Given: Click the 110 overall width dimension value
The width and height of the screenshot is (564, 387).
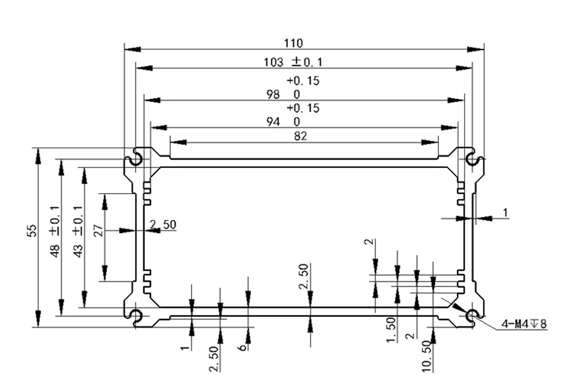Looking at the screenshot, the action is click(x=294, y=43).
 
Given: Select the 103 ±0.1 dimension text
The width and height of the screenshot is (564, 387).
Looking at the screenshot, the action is click(x=293, y=62).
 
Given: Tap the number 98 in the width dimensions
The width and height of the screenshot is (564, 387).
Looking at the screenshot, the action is click(x=273, y=94).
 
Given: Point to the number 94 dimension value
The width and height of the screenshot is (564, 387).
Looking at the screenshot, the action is click(x=273, y=122).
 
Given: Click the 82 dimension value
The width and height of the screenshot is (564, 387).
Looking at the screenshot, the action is click(x=300, y=136).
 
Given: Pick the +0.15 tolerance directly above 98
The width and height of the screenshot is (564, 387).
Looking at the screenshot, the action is click(x=303, y=80).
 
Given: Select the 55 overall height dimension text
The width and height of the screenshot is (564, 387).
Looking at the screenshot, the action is click(x=32, y=231).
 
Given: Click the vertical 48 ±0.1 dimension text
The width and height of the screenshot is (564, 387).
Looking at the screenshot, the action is click(x=55, y=231).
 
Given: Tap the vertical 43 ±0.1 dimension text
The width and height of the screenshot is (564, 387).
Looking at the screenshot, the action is click(x=78, y=231).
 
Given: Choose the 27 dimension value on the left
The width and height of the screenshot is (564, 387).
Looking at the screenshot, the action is click(x=98, y=231).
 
